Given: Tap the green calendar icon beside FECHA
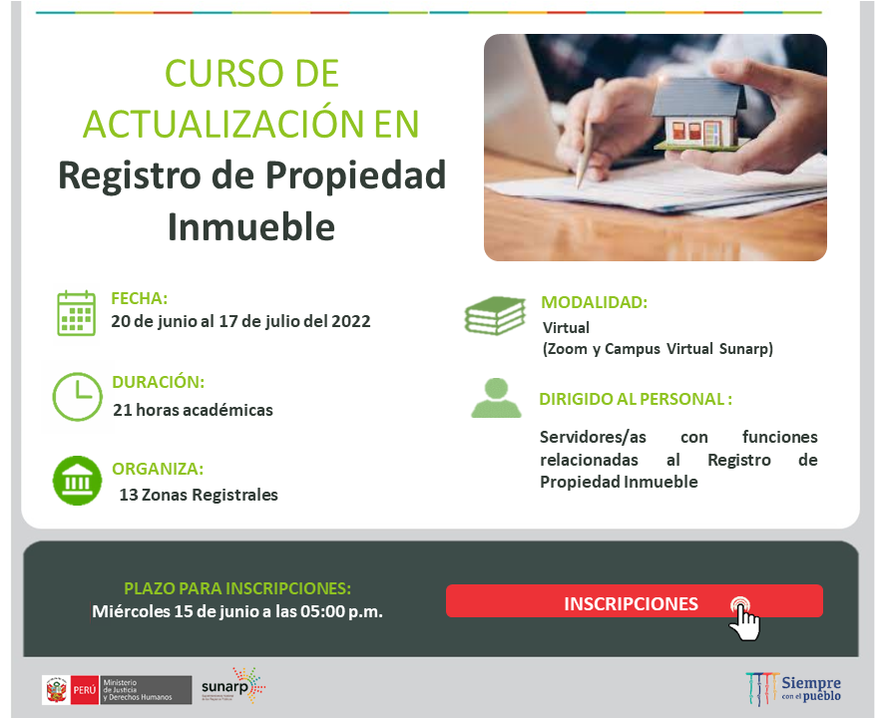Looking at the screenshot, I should pos(77,312).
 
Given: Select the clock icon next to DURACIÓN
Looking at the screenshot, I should pos(77,396).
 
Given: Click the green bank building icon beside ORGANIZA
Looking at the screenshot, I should pos(77,481).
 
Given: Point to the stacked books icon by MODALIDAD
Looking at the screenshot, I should pos(495,316).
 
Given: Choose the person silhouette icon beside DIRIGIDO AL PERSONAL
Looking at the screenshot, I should pos(496,397).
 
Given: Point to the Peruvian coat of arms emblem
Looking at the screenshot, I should pos(55,688).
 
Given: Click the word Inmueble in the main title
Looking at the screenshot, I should pos(250,226).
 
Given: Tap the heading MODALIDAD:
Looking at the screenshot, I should pos(594,302).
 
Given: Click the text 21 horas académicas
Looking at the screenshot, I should pos(193,410).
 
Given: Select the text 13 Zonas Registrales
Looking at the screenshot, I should pos(199,495).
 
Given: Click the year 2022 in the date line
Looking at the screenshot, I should pos(350,321).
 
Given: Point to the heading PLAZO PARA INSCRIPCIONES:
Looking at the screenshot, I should pos(237,588).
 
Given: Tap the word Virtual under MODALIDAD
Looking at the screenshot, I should pos(566,327).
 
